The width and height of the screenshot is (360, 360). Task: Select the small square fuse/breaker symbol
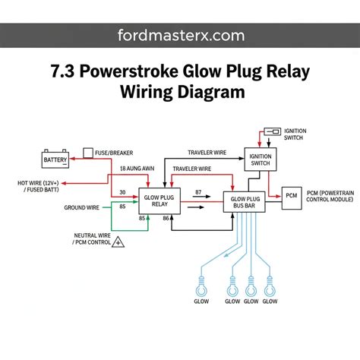[x=88, y=153]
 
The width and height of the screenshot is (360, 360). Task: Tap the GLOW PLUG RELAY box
[x=159, y=201]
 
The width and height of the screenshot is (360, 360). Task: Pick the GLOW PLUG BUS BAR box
[x=244, y=202]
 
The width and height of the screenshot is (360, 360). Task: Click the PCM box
[x=292, y=198]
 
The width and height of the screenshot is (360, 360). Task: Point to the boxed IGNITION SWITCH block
[x=261, y=159]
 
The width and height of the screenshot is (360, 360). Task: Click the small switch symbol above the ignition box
[x=273, y=131]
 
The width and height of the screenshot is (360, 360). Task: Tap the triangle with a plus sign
[x=118, y=242]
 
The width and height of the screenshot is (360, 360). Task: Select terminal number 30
[x=122, y=192]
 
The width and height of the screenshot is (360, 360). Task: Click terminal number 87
[x=198, y=192]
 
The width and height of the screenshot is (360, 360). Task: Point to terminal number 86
[x=166, y=218]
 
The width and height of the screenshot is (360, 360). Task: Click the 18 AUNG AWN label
[x=137, y=169]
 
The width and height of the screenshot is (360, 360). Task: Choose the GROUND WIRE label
[x=81, y=207]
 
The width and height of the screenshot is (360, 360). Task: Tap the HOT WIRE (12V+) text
[x=38, y=183]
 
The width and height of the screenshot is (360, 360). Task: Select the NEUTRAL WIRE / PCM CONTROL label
[x=93, y=238]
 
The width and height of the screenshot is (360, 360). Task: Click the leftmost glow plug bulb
[x=201, y=287]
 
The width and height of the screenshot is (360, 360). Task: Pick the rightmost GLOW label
[x=270, y=302]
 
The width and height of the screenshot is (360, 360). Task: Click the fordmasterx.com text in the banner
[x=181, y=36]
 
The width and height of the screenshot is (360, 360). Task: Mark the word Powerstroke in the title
[x=129, y=71]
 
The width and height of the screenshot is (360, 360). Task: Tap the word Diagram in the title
[x=211, y=92]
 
